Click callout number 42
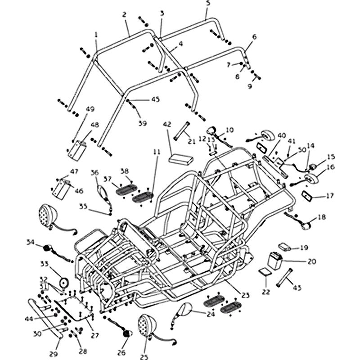167,124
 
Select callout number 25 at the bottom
144,357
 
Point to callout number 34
30,242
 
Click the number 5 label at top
207,3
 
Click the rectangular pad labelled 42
180,159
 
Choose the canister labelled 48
76,149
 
